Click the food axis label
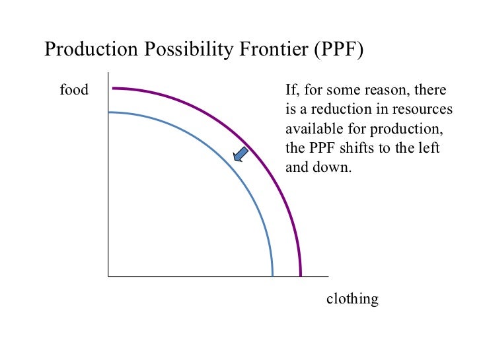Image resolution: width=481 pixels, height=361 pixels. click(74, 90)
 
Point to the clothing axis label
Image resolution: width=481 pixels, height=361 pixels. click(353, 300)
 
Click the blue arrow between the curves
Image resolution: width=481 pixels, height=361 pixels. click(240, 154)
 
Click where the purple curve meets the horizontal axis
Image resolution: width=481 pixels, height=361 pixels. click(301, 275)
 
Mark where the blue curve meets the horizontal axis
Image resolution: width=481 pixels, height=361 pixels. click(272, 275)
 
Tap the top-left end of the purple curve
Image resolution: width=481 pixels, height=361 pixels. click(114, 88)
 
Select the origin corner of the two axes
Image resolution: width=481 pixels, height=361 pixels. click(108, 276)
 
